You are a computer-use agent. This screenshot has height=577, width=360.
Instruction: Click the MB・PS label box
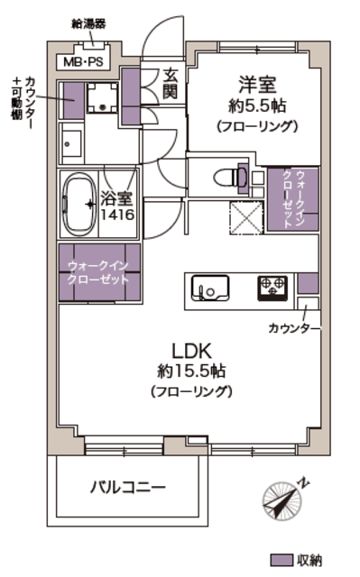(x=83, y=61)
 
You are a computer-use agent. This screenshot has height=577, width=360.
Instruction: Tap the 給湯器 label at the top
(x=88, y=24)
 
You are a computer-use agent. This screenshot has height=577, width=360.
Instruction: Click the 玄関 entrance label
(x=171, y=84)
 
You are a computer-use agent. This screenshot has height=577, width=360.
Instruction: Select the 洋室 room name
(x=257, y=84)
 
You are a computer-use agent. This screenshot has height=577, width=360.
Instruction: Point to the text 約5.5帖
(x=257, y=106)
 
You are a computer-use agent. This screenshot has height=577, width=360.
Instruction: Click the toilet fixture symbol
(x=230, y=179)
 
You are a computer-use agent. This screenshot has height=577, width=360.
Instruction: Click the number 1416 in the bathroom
(x=118, y=215)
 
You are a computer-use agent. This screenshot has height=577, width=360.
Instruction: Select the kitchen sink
(x=210, y=288)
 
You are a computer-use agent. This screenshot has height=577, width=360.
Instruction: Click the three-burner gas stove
(x=272, y=288)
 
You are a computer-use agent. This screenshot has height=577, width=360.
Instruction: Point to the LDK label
(x=191, y=351)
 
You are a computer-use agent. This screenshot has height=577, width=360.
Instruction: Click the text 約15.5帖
(x=191, y=371)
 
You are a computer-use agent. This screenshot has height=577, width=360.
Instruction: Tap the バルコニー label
(x=128, y=488)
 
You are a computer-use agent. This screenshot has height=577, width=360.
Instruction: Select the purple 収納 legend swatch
(x=282, y=560)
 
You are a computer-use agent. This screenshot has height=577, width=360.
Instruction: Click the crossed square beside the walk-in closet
(x=246, y=218)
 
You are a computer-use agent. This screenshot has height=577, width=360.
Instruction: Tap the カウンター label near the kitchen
(x=293, y=328)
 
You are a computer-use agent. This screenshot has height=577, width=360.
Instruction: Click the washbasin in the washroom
(x=72, y=144)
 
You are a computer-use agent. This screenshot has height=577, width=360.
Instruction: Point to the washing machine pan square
(x=103, y=97)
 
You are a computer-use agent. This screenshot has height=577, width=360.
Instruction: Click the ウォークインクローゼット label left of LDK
(x=98, y=272)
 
